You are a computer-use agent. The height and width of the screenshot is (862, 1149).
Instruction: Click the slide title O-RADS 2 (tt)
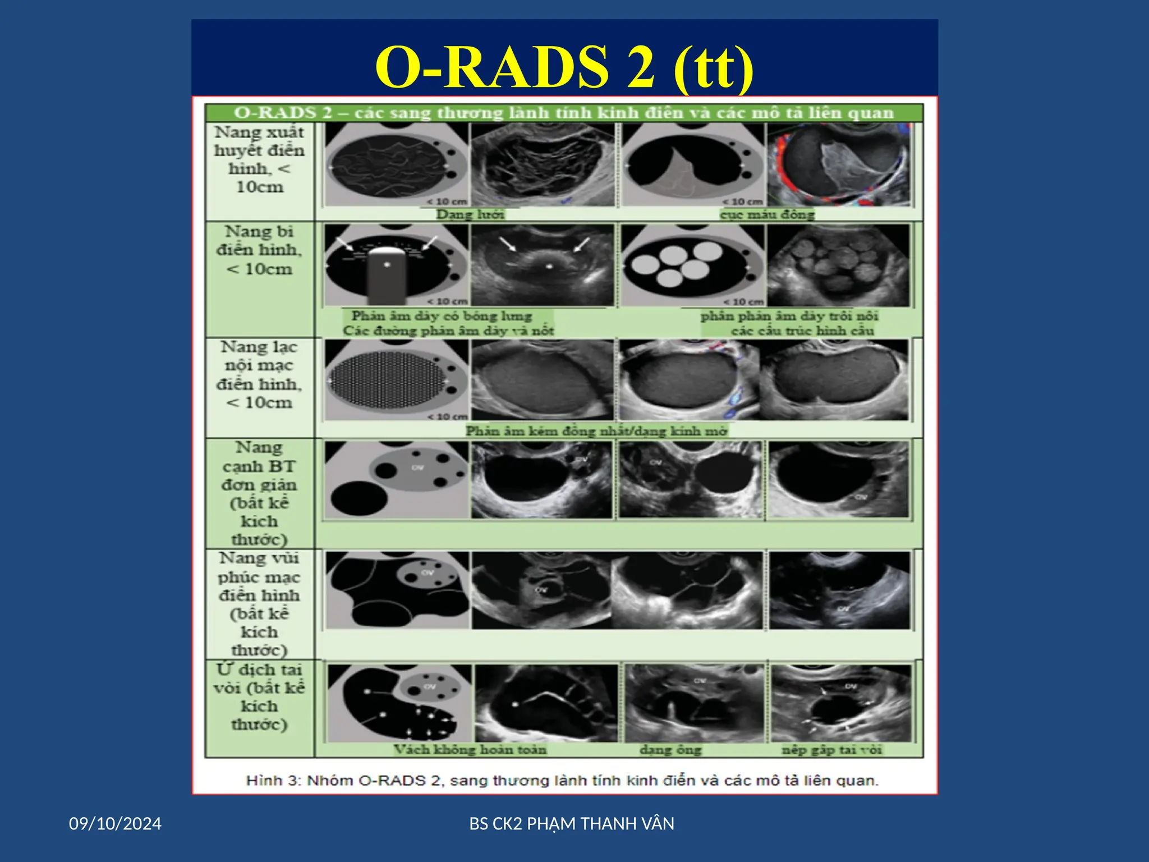point(564,67)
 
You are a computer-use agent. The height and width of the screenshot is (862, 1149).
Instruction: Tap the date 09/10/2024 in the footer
point(115,823)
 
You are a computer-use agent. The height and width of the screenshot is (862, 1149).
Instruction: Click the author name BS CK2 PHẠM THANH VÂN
point(571,823)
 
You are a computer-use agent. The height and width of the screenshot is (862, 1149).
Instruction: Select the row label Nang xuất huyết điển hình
point(259,159)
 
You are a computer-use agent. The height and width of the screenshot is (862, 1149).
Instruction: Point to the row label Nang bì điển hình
point(259,250)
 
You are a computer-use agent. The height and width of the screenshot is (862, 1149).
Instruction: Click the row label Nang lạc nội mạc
point(259,375)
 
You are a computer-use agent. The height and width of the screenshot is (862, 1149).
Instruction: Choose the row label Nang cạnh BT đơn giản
point(259,493)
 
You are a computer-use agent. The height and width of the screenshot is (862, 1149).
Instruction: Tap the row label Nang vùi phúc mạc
point(259,604)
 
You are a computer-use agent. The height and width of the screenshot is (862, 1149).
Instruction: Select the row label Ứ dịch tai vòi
point(259,696)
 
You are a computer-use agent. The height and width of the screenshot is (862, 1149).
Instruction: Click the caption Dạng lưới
point(470,214)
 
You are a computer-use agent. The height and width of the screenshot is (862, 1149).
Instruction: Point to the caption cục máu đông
point(767,214)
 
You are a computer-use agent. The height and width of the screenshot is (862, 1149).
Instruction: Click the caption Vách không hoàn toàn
point(470,750)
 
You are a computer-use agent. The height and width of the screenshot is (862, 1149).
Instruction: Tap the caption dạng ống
point(670,750)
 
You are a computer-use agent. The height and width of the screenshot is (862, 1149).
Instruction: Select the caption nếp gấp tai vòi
point(831,750)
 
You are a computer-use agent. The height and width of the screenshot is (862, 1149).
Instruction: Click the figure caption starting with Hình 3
point(562,781)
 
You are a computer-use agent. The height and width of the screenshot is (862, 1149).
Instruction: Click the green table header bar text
point(563,113)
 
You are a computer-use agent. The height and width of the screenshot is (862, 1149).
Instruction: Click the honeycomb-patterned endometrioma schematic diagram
point(396,380)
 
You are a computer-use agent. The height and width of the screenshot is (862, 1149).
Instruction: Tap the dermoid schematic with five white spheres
point(692,265)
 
